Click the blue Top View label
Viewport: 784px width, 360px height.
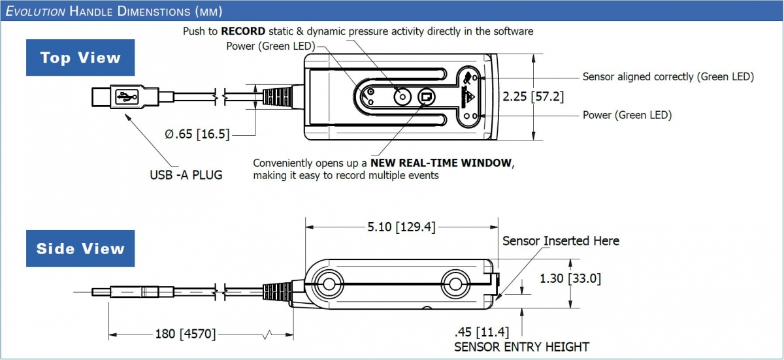pos(80,57)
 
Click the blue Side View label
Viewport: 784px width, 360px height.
pos(80,248)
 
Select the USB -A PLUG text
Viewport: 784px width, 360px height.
pos(186,175)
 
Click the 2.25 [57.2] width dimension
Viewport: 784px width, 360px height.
pos(533,96)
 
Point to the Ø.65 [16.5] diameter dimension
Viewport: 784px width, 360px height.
pos(197,134)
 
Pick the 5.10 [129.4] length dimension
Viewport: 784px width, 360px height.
pos(401,227)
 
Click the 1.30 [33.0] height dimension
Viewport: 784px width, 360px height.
pos(570,278)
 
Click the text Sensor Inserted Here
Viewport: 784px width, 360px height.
pos(561,241)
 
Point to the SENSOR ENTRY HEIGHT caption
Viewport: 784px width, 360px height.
pos(521,347)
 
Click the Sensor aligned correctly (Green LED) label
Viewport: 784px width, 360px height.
pos(668,76)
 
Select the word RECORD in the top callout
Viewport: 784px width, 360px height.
pos(243,31)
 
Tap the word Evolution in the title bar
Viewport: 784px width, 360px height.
pos(36,11)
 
